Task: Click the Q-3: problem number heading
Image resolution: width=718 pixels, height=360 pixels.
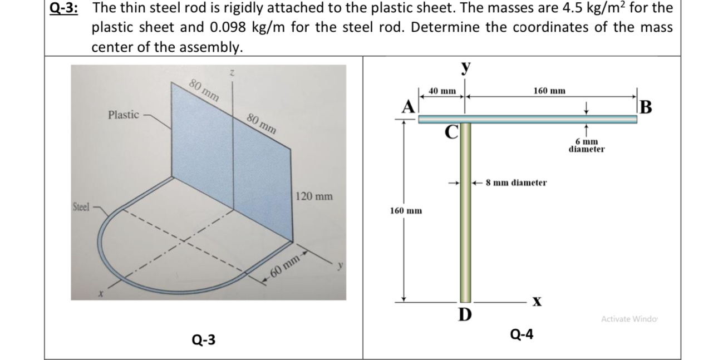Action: pyautogui.click(x=63, y=9)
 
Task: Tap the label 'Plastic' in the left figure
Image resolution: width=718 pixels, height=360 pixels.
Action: pyautogui.click(x=123, y=115)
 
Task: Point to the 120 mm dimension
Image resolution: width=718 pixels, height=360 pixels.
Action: pyautogui.click(x=314, y=196)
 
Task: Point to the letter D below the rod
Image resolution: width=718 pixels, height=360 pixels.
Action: pyautogui.click(x=464, y=315)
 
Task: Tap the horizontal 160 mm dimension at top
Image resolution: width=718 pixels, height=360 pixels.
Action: pyautogui.click(x=549, y=90)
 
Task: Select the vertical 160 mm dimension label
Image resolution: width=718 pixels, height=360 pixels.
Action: pyautogui.click(x=405, y=211)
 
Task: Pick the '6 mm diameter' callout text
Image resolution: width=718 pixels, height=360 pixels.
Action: pyautogui.click(x=587, y=145)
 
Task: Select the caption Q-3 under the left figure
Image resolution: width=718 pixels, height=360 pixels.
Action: pyautogui.click(x=204, y=339)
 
